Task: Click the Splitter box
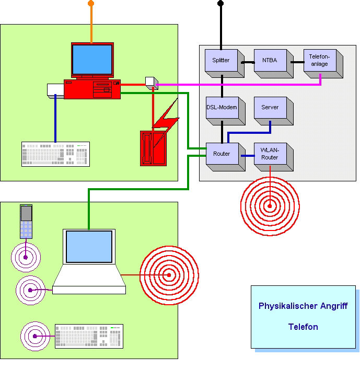click(225, 63)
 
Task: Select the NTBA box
click(274, 63)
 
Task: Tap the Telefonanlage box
click(323, 63)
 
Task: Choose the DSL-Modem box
click(225, 111)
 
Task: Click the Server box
click(274, 111)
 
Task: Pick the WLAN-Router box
click(274, 157)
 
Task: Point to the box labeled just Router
click(225, 157)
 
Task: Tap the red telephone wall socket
click(153, 148)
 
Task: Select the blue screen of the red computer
click(92, 60)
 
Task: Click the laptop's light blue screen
click(89, 246)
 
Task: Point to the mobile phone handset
click(26, 222)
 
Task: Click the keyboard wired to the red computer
click(55, 154)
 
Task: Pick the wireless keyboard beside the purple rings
click(89, 336)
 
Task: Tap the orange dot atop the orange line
click(91, 3)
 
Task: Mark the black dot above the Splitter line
click(220, 3)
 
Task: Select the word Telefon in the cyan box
click(303, 327)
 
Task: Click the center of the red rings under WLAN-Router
click(270, 206)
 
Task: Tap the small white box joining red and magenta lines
click(152, 83)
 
